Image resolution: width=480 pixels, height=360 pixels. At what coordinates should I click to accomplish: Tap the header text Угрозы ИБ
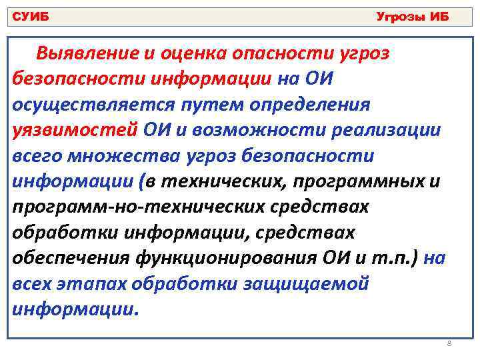pos(413,17)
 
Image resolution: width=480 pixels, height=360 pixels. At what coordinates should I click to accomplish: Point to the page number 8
pos(449,343)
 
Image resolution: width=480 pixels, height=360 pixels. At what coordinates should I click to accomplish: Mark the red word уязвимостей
pos(75,130)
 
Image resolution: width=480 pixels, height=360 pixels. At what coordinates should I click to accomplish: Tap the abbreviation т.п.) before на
pos(401,257)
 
